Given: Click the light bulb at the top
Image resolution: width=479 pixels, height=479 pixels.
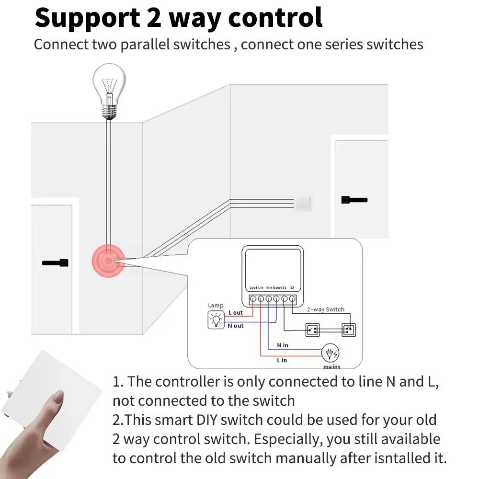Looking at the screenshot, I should [x=110, y=89].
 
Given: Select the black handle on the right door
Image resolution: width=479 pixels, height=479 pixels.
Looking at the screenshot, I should [x=354, y=200].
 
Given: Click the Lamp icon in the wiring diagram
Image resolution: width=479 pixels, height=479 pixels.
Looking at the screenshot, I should [x=216, y=319].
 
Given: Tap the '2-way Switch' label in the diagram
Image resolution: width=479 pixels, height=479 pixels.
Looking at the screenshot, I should [x=325, y=309].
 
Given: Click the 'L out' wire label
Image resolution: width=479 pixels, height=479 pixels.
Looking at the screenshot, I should [x=235, y=313].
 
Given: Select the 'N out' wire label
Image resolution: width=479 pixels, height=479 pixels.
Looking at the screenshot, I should [x=235, y=326].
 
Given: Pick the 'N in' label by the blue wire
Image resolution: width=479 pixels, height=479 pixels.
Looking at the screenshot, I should [x=283, y=345].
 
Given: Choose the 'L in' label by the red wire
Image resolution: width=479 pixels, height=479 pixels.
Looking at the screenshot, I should [x=282, y=360].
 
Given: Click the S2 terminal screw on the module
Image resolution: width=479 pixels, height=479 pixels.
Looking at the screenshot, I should [x=292, y=299].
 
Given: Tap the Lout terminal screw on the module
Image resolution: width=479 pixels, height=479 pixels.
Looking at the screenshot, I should [x=253, y=299].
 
